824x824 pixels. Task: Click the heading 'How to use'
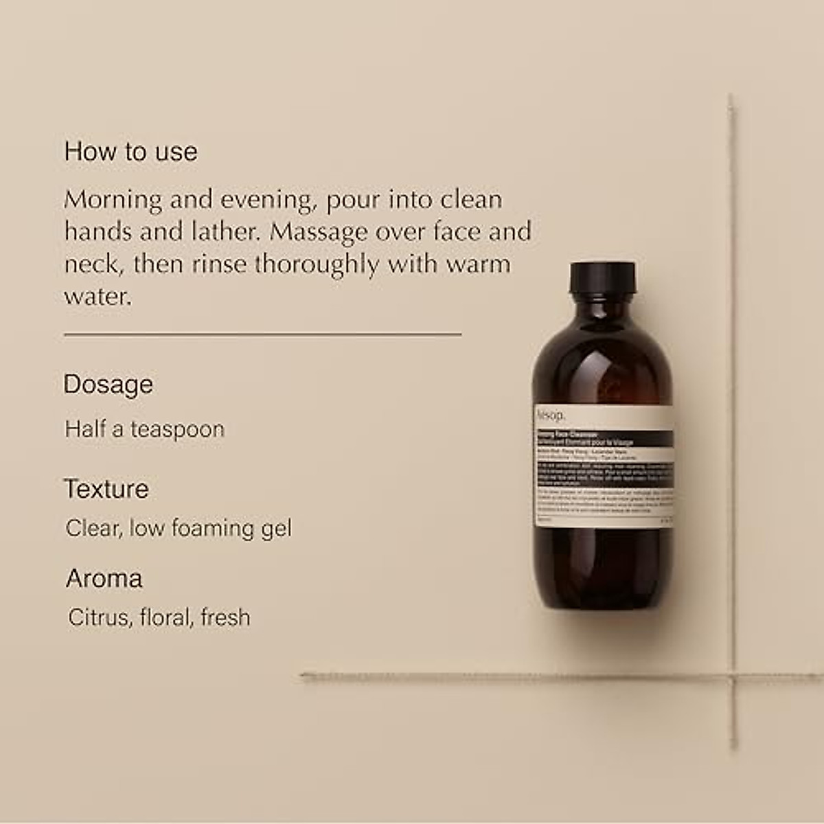[x=130, y=152]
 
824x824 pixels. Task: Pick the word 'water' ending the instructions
[x=97, y=297]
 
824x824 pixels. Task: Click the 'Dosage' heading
[x=108, y=385]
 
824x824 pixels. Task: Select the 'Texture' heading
[x=106, y=490]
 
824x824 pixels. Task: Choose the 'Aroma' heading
[x=104, y=579]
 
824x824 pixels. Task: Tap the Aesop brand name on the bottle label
[x=551, y=415]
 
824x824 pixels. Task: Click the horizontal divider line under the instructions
[x=262, y=334]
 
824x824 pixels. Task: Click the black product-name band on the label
[x=603, y=439]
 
